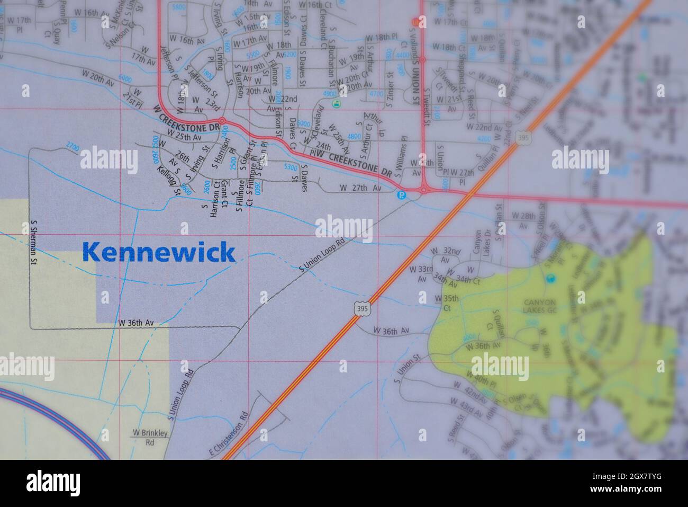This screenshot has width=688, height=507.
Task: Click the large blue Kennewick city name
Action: pos(159,252)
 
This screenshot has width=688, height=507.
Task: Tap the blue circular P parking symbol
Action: pos(402,194)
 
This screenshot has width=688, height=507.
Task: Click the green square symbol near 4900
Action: pos(335,104)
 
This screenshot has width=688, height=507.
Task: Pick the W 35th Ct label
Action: pos(443,303)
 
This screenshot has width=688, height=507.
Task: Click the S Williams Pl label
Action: pos(404,154)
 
